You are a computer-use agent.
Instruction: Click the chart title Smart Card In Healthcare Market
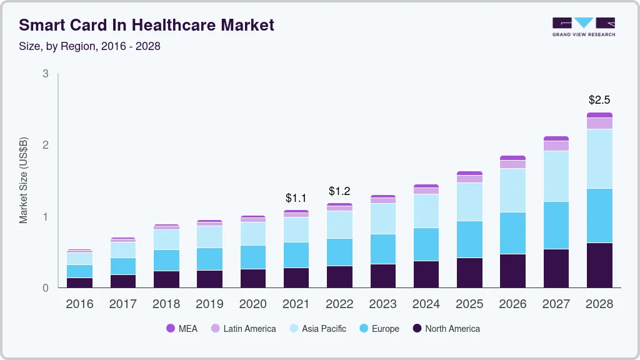click(146, 25)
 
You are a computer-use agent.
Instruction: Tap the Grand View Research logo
click(583, 26)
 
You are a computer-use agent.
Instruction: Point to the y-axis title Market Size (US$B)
click(24, 181)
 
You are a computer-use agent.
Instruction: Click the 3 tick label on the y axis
click(45, 74)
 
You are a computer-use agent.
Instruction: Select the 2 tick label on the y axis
click(45, 145)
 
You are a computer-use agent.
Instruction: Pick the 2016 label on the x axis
click(79, 304)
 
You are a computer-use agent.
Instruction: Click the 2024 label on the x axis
click(426, 304)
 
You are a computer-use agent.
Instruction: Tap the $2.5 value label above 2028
click(599, 100)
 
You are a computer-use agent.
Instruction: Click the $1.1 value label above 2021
click(296, 198)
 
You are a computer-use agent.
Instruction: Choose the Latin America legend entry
click(243, 328)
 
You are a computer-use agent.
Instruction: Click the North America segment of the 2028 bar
click(599, 265)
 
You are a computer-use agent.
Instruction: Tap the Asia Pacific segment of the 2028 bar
click(599, 159)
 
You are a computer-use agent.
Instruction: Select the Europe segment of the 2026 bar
click(512, 233)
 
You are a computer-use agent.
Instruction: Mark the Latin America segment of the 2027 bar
click(556, 146)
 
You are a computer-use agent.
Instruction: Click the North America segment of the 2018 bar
click(166, 279)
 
